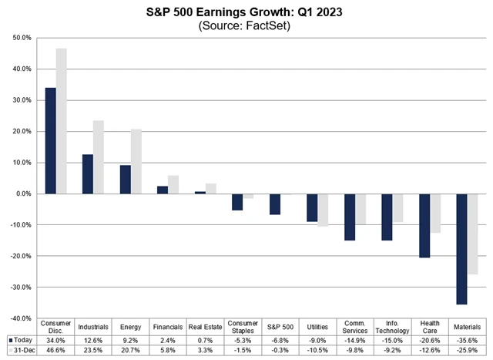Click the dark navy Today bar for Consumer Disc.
(x=50, y=140)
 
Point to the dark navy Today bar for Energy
(x=125, y=179)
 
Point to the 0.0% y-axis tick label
(x=21, y=193)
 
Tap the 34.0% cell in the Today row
(x=55, y=339)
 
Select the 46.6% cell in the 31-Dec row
(x=55, y=350)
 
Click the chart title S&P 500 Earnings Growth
(x=245, y=13)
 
